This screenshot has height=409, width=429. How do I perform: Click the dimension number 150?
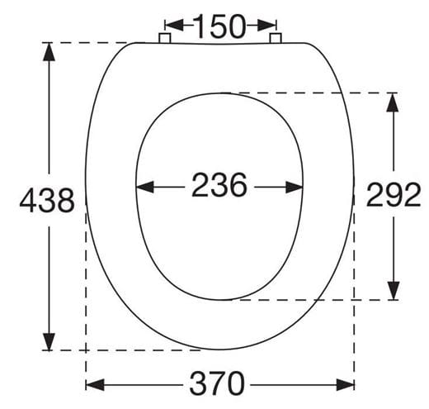[219, 26]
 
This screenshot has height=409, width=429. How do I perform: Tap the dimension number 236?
[219, 184]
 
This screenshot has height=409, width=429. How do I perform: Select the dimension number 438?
[47, 200]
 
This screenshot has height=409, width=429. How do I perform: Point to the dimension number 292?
[394, 194]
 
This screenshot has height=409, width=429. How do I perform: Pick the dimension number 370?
[217, 383]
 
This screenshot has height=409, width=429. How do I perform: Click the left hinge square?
[165, 38]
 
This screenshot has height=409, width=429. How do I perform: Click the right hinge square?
[276, 38]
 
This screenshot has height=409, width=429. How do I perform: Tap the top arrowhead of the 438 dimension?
[49, 51]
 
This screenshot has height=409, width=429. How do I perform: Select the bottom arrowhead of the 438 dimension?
[49, 341]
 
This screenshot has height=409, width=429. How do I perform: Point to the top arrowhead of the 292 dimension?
[393, 102]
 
